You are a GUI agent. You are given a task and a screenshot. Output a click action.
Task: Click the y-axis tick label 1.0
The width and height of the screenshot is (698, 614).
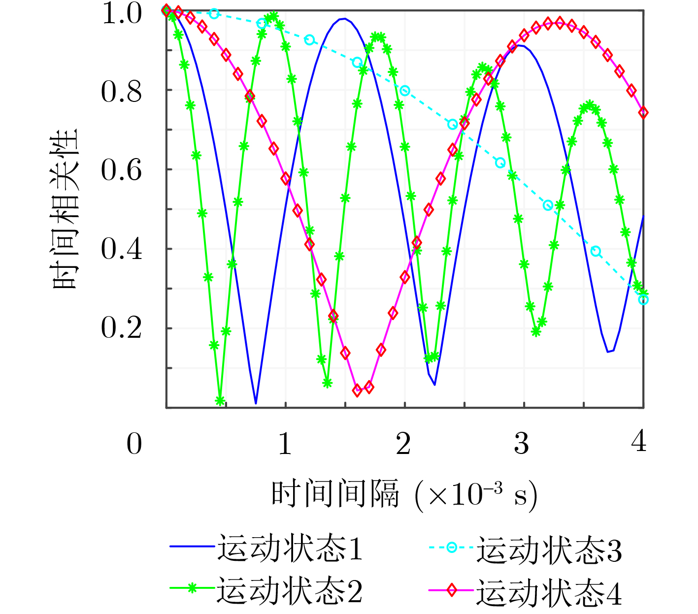pyautogui.click(x=122, y=14)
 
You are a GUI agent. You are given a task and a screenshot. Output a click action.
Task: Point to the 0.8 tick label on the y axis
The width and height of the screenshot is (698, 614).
pyautogui.click(x=122, y=92)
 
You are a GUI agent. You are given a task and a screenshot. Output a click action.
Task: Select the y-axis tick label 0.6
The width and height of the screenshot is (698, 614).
pyautogui.click(x=122, y=171)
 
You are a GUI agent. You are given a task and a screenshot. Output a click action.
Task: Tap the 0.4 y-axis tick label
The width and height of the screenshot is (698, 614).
pyautogui.click(x=122, y=250)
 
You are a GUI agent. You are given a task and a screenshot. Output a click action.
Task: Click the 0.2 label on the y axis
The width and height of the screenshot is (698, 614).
pyautogui.click(x=122, y=328)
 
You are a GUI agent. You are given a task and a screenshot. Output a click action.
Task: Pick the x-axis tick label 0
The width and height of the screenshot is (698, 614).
pyautogui.click(x=134, y=444)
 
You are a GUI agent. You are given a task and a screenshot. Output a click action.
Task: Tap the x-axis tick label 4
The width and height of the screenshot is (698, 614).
pyautogui.click(x=639, y=441)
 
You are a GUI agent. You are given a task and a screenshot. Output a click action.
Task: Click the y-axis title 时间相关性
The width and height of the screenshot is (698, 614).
pyautogui.click(x=66, y=209)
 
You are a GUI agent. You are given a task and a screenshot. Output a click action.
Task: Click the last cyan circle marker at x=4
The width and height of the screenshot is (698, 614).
pyautogui.click(x=643, y=299)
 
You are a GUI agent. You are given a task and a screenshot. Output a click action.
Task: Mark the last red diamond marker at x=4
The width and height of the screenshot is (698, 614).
pyautogui.click(x=643, y=113)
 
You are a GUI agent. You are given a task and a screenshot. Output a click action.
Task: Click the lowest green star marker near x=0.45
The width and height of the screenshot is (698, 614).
pyautogui.click(x=220, y=400)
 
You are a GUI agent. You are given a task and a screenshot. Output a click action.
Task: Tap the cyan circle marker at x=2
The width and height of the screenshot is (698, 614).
pyautogui.click(x=405, y=91)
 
